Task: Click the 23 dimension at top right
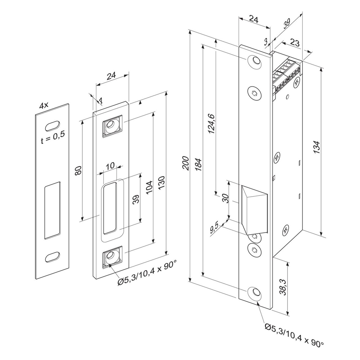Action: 294,43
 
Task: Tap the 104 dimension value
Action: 149,186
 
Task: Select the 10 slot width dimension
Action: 111,165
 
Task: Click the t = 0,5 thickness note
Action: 53,137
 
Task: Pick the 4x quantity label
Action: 44,106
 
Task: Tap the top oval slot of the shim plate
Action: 53,126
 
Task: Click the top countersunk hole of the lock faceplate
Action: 255,61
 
